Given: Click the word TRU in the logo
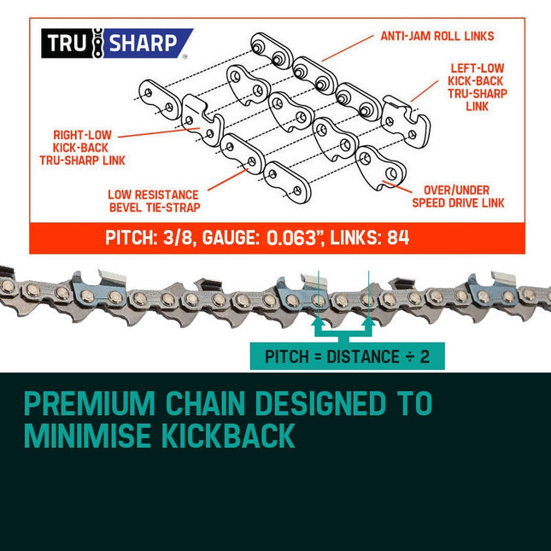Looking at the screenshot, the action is (66, 44).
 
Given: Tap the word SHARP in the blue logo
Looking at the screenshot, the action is (143, 44).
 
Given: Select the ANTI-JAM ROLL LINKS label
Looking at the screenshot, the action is (437, 36).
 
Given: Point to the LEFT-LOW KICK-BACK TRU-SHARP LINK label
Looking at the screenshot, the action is (478, 87).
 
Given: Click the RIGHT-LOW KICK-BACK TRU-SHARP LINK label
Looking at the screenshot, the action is (82, 148).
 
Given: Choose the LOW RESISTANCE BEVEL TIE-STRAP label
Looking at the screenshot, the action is (154, 201).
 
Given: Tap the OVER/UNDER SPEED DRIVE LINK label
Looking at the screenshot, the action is (458, 196).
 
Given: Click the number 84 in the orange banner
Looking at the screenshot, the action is (398, 237).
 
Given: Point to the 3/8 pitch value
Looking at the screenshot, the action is (178, 237).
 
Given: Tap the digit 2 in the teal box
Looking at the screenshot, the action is (425, 357).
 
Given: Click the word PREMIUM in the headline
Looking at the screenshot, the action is (90, 403).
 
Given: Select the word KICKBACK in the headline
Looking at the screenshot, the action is (228, 436).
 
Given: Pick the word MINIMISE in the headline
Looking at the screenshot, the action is (88, 436).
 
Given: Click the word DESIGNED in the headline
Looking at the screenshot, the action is (320, 403).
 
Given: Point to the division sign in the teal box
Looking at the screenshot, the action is (409, 357).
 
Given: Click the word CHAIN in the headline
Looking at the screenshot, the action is (205, 403).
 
